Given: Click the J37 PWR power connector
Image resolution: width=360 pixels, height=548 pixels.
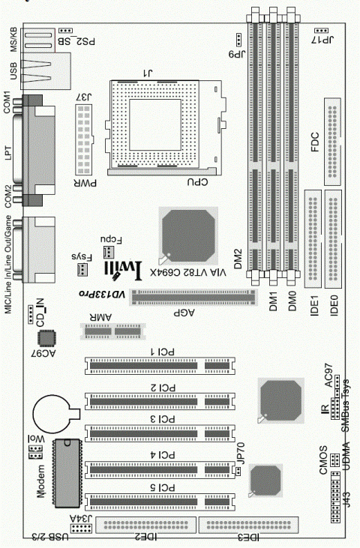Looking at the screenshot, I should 82,138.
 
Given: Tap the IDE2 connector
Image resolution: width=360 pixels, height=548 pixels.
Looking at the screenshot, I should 147,526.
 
